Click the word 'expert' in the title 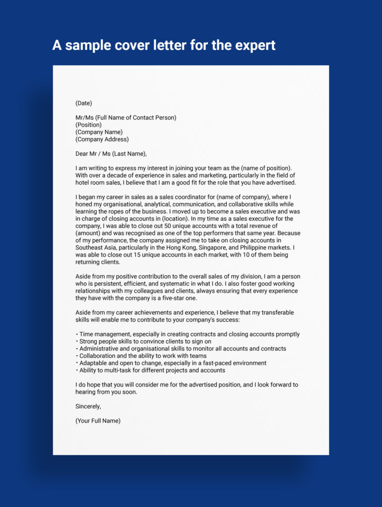click(252, 45)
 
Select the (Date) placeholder click(84, 103)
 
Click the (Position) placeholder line click(88, 125)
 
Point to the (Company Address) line click(102, 139)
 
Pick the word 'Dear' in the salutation click(83, 153)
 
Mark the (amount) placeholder click(88, 233)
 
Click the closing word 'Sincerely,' click(88, 406)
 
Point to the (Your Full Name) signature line click(98, 421)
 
